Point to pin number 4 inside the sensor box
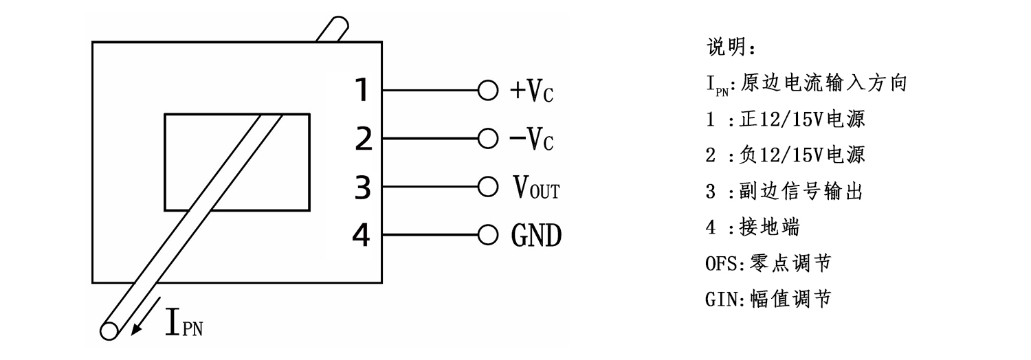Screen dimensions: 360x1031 tap(362, 236)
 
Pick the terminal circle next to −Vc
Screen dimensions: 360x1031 tap(487, 139)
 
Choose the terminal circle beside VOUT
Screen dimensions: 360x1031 tap(487, 188)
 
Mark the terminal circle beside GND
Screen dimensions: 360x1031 tap(487, 236)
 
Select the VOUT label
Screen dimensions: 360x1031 tap(536, 188)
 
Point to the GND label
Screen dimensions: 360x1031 tap(536, 236)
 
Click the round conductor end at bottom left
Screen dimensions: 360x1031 tap(109, 330)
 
